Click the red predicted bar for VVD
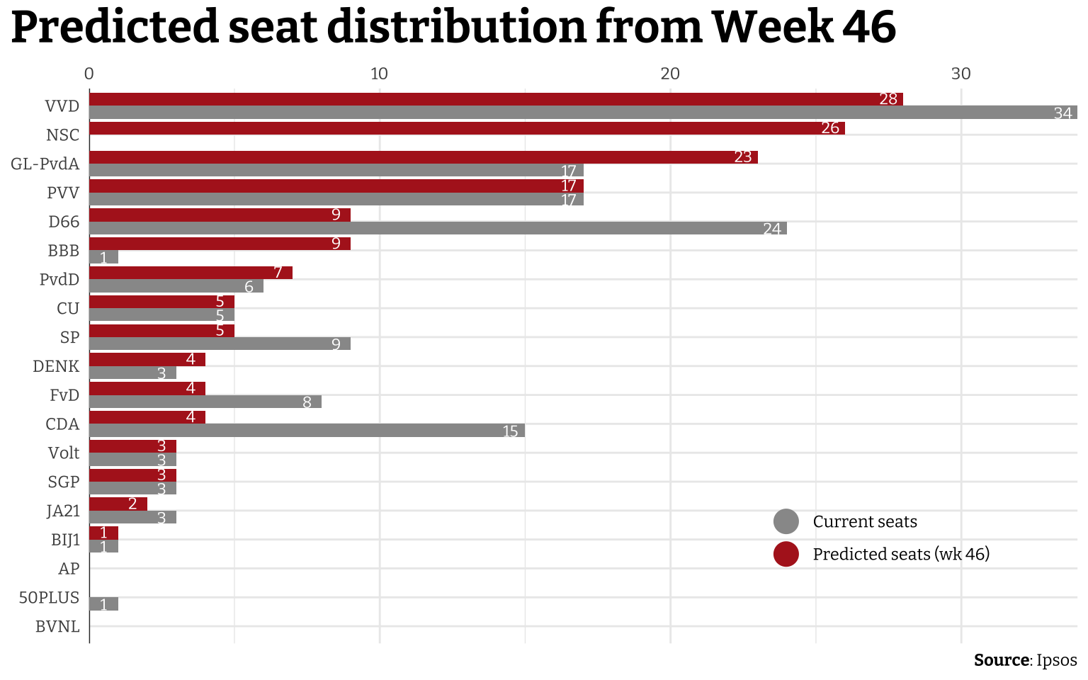496,99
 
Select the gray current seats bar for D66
438,228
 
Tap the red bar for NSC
467,128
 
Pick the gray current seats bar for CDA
307,431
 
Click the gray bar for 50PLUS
104,604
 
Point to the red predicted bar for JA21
118,504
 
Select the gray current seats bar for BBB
104,257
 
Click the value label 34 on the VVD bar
1062,113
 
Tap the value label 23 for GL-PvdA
742,157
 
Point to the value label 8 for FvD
307,402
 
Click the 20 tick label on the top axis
670,74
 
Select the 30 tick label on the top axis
960,74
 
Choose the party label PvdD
59,280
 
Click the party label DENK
56,366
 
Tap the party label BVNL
57,627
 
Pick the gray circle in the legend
786,522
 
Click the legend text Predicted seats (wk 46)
901,554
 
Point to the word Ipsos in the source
1056,660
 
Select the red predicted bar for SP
161,331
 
